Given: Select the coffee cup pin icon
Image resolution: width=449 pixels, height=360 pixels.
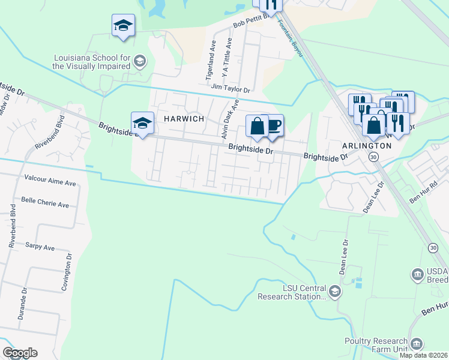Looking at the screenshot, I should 273,126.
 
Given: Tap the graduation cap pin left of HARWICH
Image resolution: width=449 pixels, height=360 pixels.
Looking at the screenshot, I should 142,124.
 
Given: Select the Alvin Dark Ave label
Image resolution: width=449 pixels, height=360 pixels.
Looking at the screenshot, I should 230,119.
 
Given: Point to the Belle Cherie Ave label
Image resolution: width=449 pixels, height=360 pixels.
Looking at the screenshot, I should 45,204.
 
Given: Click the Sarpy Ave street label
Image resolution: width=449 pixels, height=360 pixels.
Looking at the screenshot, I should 40,247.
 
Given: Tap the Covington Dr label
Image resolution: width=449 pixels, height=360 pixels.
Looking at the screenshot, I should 67,272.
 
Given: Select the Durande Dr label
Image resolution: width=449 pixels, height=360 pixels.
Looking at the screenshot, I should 22,302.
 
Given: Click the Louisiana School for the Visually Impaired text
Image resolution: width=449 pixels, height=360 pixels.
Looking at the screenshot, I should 91,61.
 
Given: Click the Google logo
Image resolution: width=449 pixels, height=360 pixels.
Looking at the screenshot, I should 20,353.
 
